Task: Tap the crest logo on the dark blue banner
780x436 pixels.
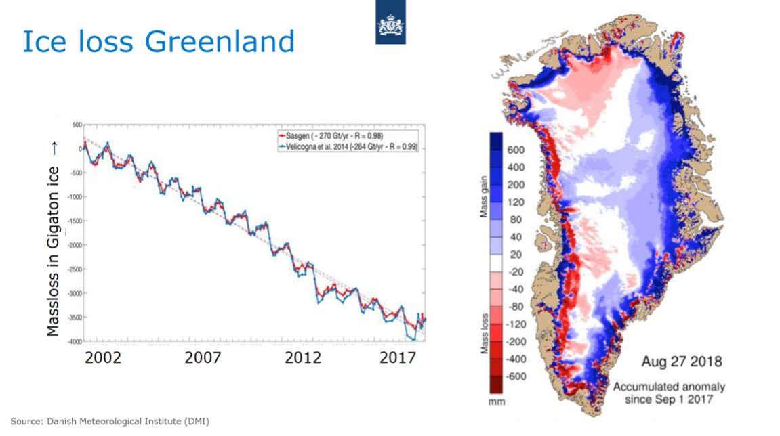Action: click(x=391, y=26)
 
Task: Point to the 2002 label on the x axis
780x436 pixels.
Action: click(x=103, y=357)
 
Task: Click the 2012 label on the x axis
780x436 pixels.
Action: click(x=303, y=357)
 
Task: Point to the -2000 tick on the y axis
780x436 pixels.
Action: click(x=75, y=245)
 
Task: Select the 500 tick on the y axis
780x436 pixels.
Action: click(x=77, y=125)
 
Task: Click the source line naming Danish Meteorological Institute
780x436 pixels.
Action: click(x=110, y=422)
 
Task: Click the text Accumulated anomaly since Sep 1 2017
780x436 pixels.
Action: click(x=668, y=393)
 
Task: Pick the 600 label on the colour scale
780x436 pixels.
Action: click(x=516, y=150)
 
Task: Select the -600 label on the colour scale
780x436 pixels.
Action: click(x=517, y=376)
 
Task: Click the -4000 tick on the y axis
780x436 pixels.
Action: click(x=75, y=341)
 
